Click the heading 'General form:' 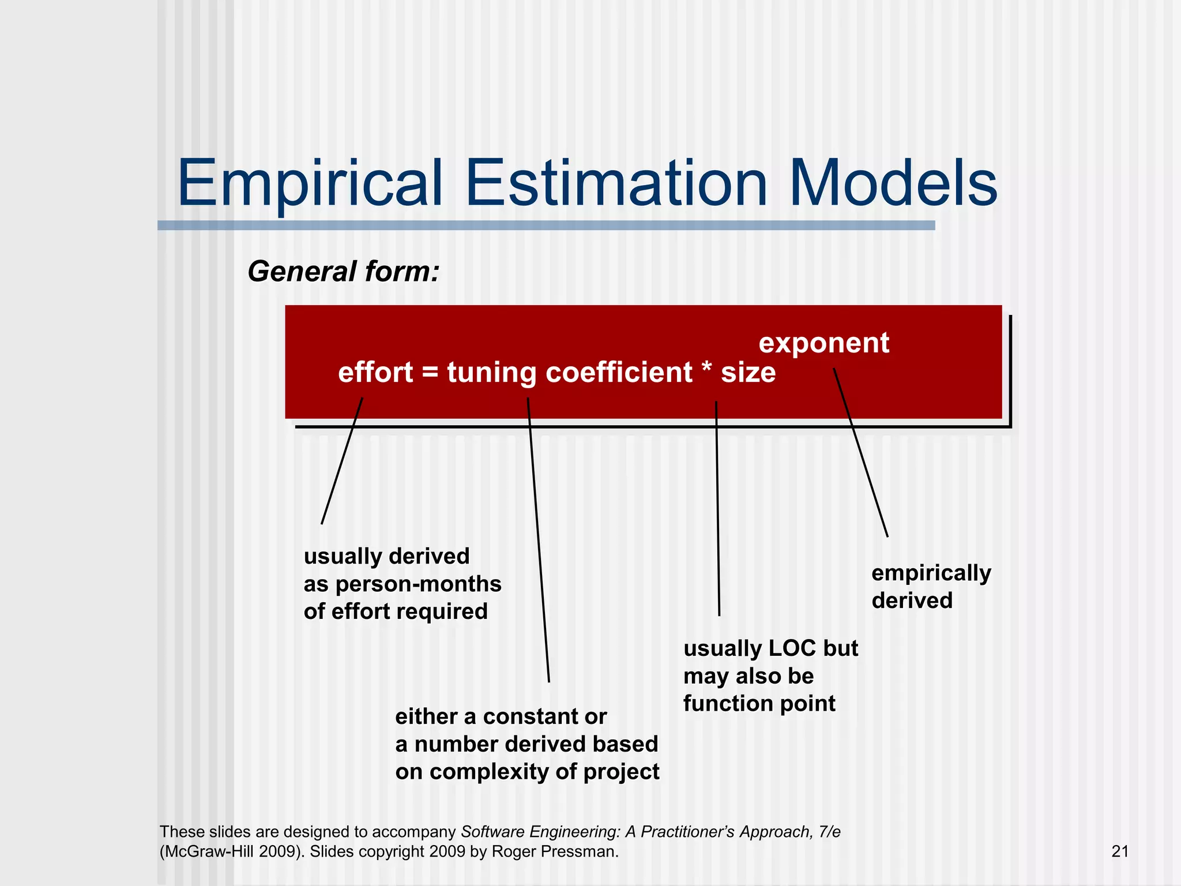pyautogui.click(x=344, y=271)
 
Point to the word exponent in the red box pyautogui.click(x=823, y=343)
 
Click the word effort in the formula pyautogui.click(x=375, y=372)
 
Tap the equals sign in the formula pyautogui.click(x=430, y=373)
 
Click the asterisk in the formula pyautogui.click(x=707, y=369)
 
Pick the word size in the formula pyautogui.click(x=748, y=372)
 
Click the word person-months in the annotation pyautogui.click(x=418, y=584)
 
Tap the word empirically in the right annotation pyautogui.click(x=931, y=573)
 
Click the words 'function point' pyautogui.click(x=759, y=703)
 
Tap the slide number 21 pyautogui.click(x=1120, y=851)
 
